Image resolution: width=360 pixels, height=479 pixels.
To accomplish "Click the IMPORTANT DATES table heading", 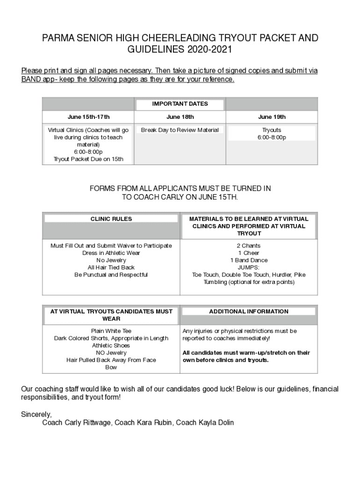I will pyautogui.click(x=180, y=104).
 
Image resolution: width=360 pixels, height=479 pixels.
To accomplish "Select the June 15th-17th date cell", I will pyautogui.click(x=88, y=117).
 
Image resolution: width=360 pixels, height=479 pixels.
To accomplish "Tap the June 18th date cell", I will pyautogui.click(x=180, y=117).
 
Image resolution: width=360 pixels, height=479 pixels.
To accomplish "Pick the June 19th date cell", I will pyautogui.click(x=272, y=117).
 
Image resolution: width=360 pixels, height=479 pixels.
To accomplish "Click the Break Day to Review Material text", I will pyautogui.click(x=180, y=130).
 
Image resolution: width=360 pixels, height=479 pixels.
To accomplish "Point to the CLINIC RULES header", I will pyautogui.click(x=111, y=219).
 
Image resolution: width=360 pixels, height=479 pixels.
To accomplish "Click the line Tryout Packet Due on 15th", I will pyautogui.click(x=88, y=159).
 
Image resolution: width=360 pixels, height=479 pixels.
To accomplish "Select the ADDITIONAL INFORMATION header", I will pyautogui.click(x=249, y=312).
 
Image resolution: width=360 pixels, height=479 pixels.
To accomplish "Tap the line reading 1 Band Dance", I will pyautogui.click(x=249, y=261).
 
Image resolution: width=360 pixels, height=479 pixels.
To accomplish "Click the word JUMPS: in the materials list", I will pyautogui.click(x=249, y=268).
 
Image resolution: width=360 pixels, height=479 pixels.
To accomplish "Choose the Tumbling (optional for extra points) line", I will pyautogui.click(x=249, y=282).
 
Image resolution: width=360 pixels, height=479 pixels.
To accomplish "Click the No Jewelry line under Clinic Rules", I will pyautogui.click(x=111, y=261).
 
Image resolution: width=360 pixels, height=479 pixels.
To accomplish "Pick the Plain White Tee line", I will pyautogui.click(x=111, y=331).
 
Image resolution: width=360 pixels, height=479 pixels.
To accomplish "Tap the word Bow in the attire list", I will pyautogui.click(x=111, y=368).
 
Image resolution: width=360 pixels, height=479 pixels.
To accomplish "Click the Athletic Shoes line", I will pyautogui.click(x=111, y=346).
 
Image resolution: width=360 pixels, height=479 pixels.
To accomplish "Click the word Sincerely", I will pyautogui.click(x=36, y=414).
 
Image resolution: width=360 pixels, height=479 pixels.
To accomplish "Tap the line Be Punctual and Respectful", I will pyautogui.click(x=111, y=275).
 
